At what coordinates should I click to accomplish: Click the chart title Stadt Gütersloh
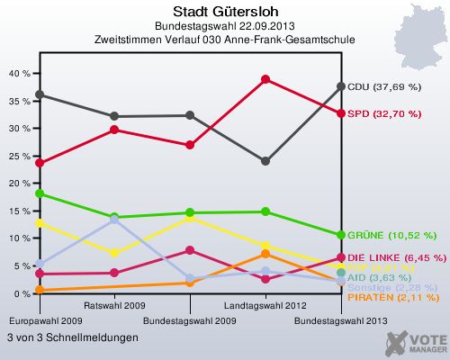224,12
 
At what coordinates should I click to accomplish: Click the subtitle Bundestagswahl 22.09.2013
224,27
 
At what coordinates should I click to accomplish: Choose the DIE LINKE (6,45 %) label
397,257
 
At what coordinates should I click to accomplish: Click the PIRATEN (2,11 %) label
392,298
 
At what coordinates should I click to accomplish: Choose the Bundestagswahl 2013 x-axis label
341,320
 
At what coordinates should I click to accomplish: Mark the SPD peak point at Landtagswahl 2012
265,79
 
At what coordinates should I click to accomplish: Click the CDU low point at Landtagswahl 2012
265,161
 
